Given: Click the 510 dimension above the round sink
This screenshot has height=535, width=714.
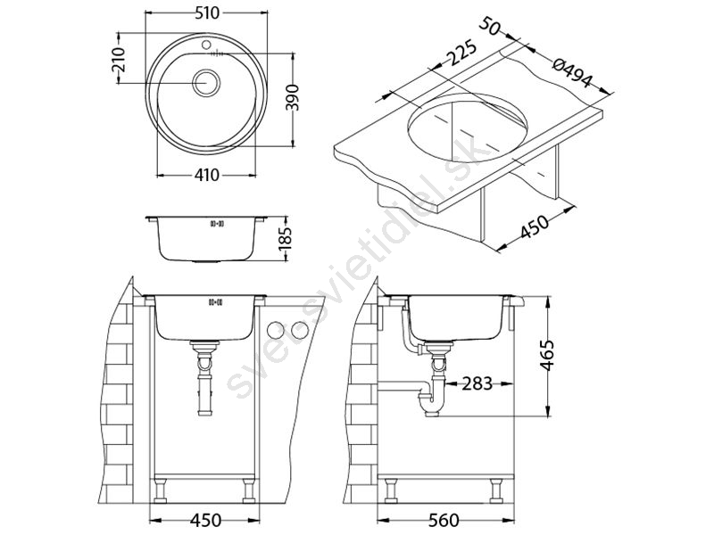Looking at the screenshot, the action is tap(207, 13).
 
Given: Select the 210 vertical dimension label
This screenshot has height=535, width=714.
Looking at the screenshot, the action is tap(119, 60).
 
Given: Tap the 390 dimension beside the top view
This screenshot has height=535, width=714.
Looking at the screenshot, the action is tap(295, 97).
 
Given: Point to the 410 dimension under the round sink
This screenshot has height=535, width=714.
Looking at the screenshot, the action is tap(207, 175).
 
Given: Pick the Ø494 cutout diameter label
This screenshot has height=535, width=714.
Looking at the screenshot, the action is tap(572, 73).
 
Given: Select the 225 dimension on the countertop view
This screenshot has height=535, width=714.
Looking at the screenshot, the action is tap(461, 54).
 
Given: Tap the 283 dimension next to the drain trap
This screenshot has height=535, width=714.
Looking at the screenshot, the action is tap(477, 384).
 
